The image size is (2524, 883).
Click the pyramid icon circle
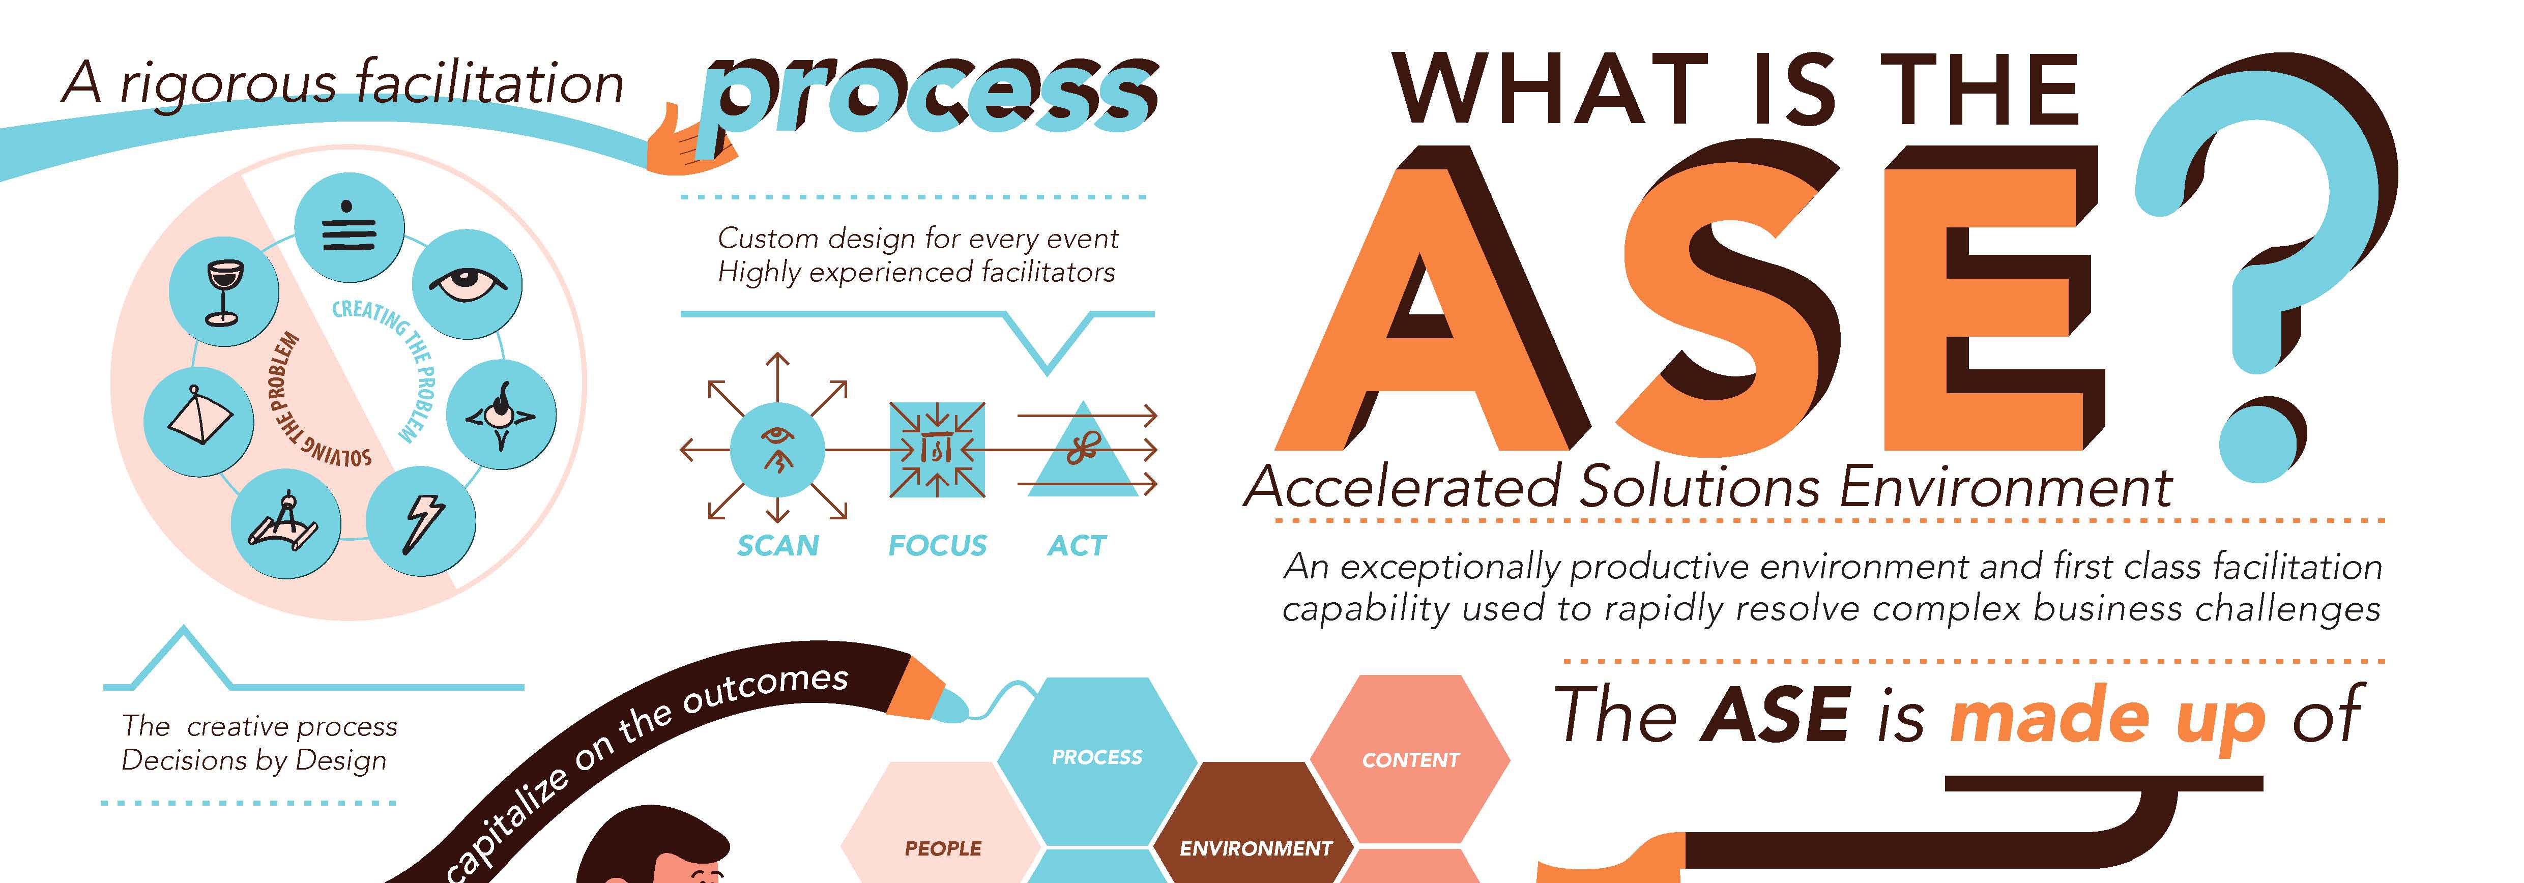pyautogui.click(x=199, y=422)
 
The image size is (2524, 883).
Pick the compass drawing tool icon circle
pyautogui.click(x=286, y=523)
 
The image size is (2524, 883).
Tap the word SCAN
pyautogui.click(x=778, y=545)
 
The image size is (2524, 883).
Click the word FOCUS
pyautogui.click(x=938, y=545)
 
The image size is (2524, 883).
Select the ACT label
pyautogui.click(x=1077, y=545)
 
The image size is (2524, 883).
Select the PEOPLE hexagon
pyautogui.click(x=943, y=843)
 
